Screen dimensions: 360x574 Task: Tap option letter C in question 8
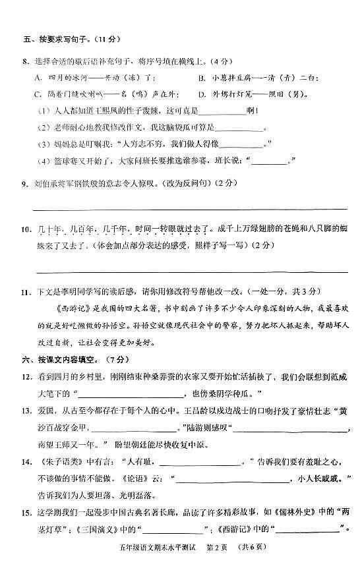(x=37, y=94)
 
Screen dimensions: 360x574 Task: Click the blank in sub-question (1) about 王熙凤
(x=227, y=110)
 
